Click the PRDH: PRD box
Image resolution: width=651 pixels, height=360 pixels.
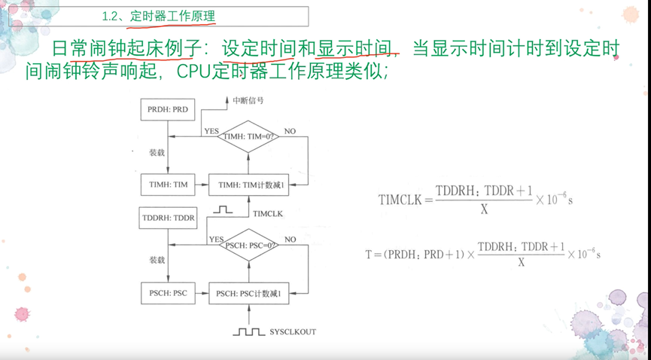168,110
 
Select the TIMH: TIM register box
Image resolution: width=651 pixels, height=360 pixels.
168,185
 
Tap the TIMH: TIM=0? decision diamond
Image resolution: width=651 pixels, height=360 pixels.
248,137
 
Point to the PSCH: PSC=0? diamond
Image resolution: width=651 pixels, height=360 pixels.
248,245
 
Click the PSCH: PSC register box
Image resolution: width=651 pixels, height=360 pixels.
168,292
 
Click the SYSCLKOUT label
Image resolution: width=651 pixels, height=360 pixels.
293,331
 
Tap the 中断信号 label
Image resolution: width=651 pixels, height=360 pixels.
248,100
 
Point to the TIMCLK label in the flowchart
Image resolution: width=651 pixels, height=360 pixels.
268,214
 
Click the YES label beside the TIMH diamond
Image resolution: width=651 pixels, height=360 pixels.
211,131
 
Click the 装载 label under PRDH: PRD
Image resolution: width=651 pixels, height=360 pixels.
157,152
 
